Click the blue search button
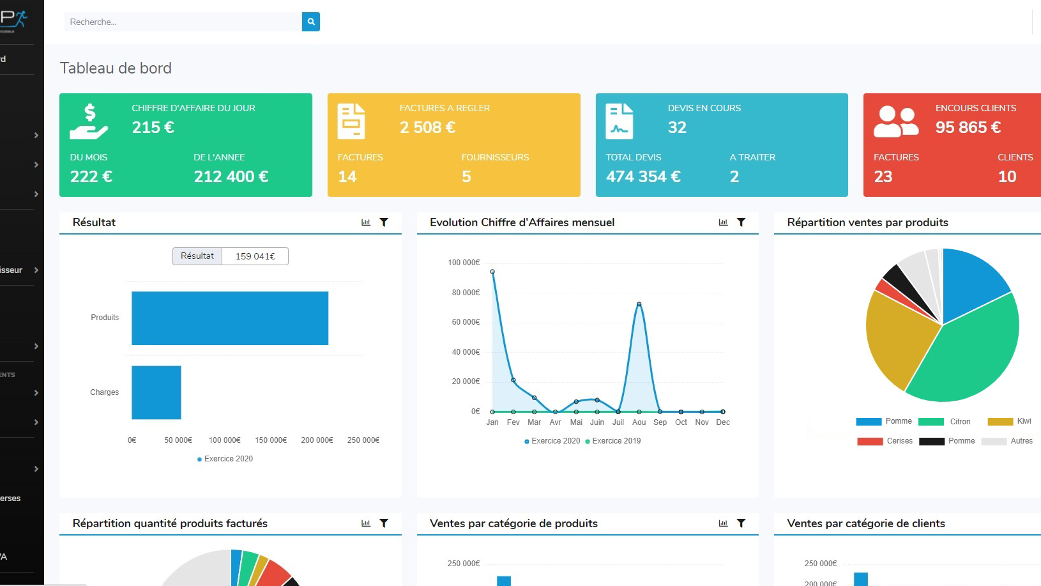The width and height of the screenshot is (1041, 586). [311, 22]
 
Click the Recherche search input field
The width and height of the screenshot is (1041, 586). [182, 22]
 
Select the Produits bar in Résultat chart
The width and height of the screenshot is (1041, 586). [230, 318]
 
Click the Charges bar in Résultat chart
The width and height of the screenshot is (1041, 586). [156, 392]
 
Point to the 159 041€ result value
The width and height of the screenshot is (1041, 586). [255, 256]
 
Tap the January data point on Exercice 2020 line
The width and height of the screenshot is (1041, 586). [492, 272]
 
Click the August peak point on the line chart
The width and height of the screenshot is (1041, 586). [639, 304]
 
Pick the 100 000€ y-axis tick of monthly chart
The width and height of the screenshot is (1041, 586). [464, 263]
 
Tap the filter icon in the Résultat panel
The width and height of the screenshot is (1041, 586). [384, 222]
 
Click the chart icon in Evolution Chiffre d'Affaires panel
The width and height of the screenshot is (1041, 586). [723, 222]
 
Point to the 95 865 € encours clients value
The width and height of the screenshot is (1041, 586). [968, 127]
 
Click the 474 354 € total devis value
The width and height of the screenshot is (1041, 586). [643, 176]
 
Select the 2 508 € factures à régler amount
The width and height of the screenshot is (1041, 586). [427, 127]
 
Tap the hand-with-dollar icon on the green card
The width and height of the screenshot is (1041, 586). [89, 121]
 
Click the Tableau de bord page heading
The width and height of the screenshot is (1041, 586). [116, 68]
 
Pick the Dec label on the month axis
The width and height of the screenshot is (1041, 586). [723, 422]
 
